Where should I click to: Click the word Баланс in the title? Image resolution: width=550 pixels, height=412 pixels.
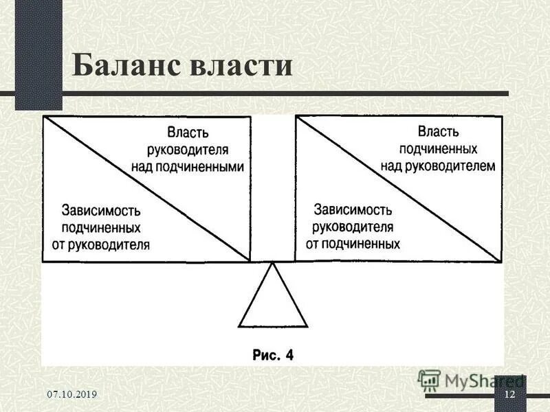pyautogui.click(x=121, y=67)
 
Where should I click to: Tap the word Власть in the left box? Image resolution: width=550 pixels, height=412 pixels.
pyautogui.click(x=187, y=132)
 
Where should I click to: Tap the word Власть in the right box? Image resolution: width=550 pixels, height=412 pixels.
pyautogui.click(x=439, y=130)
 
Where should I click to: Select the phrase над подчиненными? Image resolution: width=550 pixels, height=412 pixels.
pyautogui.click(x=188, y=166)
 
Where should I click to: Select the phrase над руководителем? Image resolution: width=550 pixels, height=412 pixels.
pyautogui.click(x=437, y=165)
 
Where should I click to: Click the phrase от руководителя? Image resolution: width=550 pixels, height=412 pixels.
pyautogui.click(x=101, y=244)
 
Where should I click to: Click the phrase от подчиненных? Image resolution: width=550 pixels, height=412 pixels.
pyautogui.click(x=353, y=243)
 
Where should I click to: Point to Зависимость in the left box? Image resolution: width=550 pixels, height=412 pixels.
pyautogui.click(x=101, y=209)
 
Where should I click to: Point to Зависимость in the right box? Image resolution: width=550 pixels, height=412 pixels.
pyautogui.click(x=353, y=209)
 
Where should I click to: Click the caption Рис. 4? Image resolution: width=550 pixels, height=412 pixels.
pyautogui.click(x=273, y=355)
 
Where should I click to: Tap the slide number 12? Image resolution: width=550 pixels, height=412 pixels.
pyautogui.click(x=509, y=394)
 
